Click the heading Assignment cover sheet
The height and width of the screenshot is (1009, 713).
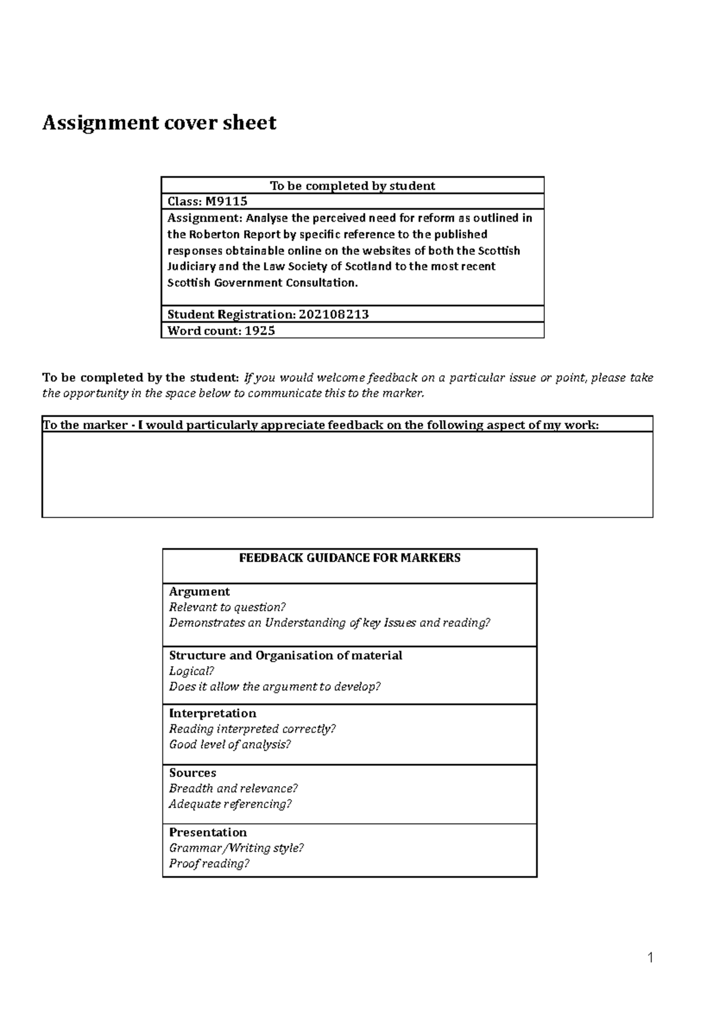click(x=159, y=123)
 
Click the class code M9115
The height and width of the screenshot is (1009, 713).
click(x=226, y=201)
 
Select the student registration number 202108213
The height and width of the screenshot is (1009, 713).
click(x=333, y=314)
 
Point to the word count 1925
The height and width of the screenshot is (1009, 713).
click(x=260, y=331)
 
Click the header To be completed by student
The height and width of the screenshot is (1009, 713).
click(x=352, y=185)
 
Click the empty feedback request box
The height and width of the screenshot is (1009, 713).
click(x=347, y=474)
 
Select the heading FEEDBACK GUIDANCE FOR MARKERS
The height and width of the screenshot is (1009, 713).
click(x=349, y=558)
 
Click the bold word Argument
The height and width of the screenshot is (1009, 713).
click(x=199, y=591)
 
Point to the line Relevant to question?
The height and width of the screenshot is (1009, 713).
click(x=227, y=607)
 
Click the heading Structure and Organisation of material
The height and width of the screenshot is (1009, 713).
click(x=285, y=655)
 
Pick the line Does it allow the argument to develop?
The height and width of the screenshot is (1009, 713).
click(x=274, y=687)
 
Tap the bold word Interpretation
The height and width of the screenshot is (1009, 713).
click(x=212, y=713)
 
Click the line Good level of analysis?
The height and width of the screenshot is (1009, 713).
click(x=229, y=745)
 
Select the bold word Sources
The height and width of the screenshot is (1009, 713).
click(x=193, y=772)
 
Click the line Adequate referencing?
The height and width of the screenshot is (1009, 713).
click(x=230, y=804)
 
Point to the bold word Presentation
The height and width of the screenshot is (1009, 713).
click(x=207, y=832)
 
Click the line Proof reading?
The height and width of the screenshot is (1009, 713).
click(x=209, y=863)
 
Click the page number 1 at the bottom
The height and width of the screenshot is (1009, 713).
click(x=650, y=957)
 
